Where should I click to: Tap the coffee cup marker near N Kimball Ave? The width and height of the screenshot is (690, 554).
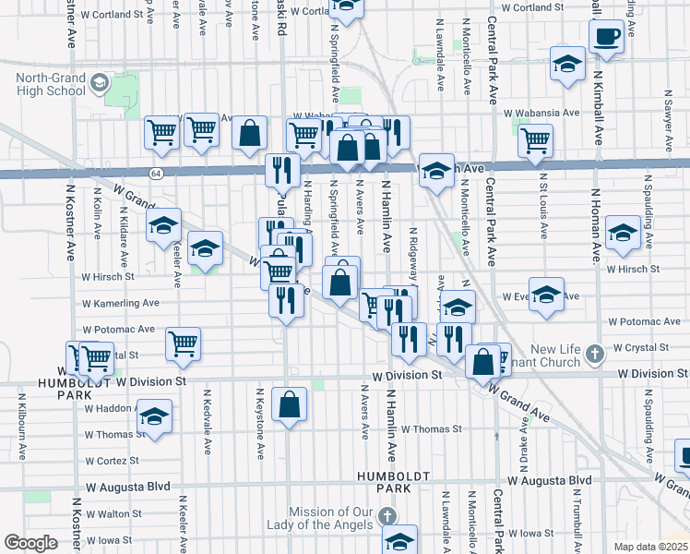tap(606, 37)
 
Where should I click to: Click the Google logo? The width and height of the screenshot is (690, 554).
tap(30, 543)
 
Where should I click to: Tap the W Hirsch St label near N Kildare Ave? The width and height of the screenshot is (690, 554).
tap(108, 276)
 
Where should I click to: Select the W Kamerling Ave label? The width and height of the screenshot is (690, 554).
tap(120, 303)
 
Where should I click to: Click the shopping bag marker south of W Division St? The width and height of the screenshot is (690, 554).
tap(290, 403)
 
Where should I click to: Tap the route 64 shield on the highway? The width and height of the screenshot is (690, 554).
tap(158, 173)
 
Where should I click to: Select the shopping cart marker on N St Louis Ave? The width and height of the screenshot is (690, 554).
tap(535, 141)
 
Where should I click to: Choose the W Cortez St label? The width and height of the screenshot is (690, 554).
tap(112, 460)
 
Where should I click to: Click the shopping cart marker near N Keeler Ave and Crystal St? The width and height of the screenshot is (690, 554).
tap(184, 343)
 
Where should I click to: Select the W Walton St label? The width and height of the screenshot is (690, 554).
tap(112, 513)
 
